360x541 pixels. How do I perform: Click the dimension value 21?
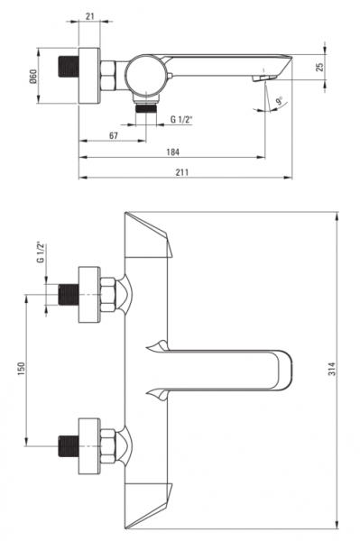tap(89, 16)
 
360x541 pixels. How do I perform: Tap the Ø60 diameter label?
tap(32, 76)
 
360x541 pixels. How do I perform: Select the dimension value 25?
tap(320, 67)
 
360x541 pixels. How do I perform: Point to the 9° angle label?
tap(279, 101)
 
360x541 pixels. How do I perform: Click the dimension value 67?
tap(114, 135)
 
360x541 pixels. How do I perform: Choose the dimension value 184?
tap(172, 151)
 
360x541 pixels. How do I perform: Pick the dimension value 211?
tap(182, 172)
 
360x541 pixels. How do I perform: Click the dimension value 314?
tap(331, 369)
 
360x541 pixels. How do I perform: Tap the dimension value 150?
tap(22, 369)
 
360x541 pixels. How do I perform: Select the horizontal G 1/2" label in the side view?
tap(181, 119)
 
